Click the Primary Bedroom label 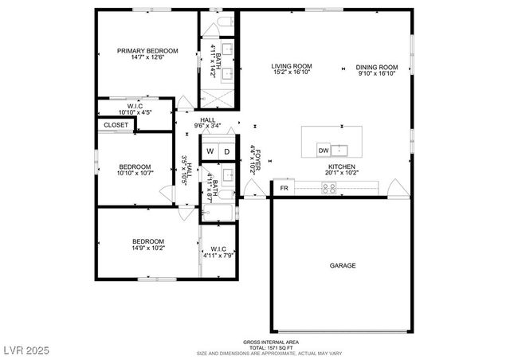147,51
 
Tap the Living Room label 292,67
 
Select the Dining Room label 376,67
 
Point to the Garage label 343,265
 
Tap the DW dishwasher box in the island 324,150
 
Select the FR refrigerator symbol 284,188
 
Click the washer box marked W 210,151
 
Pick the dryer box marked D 226,151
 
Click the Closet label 116,125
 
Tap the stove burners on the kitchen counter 328,187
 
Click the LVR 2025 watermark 25,350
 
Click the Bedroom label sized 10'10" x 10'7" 135,166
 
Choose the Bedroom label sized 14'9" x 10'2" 148,241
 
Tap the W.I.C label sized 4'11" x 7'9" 217,250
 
